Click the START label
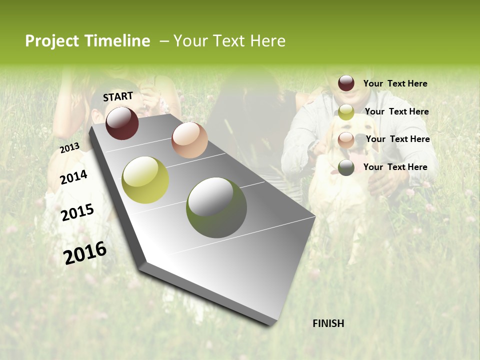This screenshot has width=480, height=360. [118, 96]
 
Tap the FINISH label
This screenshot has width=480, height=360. [328, 323]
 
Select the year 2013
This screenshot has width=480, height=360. [70, 148]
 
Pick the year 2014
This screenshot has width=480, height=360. [74, 177]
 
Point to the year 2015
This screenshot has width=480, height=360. [77, 212]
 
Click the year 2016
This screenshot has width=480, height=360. [85, 253]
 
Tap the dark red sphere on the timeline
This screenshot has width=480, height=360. [122, 123]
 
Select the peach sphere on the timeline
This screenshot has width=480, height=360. [189, 140]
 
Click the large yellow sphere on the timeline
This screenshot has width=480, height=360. [145, 180]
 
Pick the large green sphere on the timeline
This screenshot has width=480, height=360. [216, 207]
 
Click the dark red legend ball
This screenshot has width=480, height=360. [346, 83]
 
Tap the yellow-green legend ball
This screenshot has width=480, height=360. [346, 112]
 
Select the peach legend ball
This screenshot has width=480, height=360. [346, 140]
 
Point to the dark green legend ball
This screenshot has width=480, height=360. [346, 167]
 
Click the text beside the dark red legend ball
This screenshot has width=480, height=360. [395, 83]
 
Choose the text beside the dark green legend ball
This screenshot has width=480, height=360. [395, 167]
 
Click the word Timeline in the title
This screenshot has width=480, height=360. [117, 41]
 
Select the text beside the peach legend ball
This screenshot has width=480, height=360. [397, 139]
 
